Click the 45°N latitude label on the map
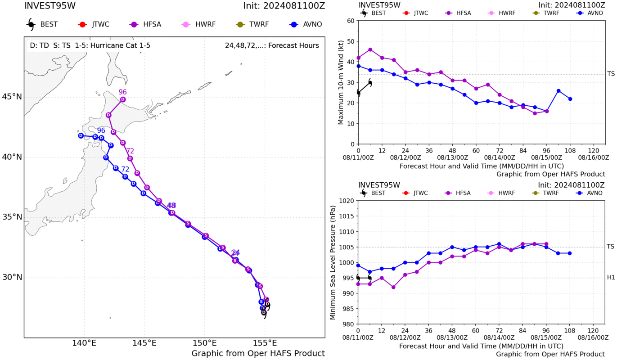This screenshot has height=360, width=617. click(x=12, y=97)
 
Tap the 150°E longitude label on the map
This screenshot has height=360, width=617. click(x=204, y=343)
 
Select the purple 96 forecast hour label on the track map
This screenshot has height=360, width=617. click(x=122, y=92)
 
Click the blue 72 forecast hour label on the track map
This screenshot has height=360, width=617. click(x=125, y=169)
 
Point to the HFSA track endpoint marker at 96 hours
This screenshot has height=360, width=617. click(x=123, y=99)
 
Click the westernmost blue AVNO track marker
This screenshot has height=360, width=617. click(x=81, y=135)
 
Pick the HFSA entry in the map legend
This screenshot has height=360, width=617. click(x=145, y=24)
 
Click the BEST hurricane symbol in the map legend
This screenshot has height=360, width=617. click(x=31, y=24)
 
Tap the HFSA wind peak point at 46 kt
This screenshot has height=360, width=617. click(x=370, y=50)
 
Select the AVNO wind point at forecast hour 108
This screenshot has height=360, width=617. click(x=570, y=99)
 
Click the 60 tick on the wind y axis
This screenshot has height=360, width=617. click(x=351, y=21)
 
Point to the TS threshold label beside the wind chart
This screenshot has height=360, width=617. click(x=611, y=74)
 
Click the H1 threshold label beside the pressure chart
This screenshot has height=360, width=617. click(x=611, y=277)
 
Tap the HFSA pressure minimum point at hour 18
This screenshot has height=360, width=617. click(x=393, y=287)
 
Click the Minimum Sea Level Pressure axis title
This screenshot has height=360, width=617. click(x=333, y=262)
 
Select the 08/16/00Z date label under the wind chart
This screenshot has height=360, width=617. click(x=594, y=158)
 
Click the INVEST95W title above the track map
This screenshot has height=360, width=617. click(x=50, y=6)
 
